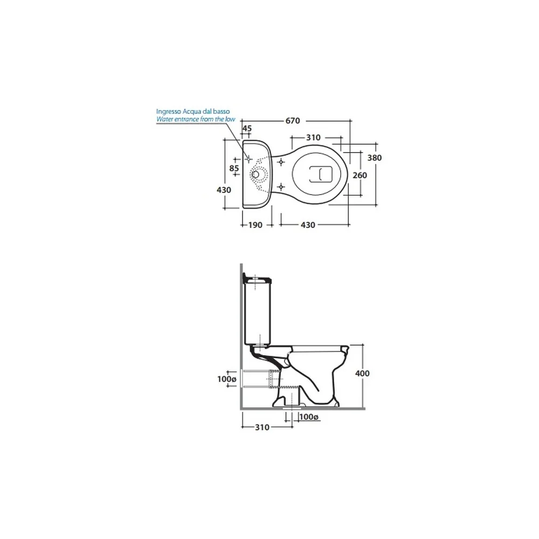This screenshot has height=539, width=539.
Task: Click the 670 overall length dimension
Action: click(293, 121)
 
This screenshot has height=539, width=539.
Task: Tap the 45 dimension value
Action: click(247, 128)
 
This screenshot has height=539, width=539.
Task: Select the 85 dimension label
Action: click(234, 168)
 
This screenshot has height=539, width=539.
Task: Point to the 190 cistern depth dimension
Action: click(255, 225)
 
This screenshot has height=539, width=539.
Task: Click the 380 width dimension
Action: click(375, 158)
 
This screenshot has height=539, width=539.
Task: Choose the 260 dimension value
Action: click(360, 175)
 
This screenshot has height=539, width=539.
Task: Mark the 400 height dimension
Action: click(362, 374)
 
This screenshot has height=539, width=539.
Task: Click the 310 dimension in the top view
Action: click(313, 137)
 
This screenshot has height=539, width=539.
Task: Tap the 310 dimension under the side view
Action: click(262, 427)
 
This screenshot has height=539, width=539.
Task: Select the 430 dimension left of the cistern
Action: click(224, 190)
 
